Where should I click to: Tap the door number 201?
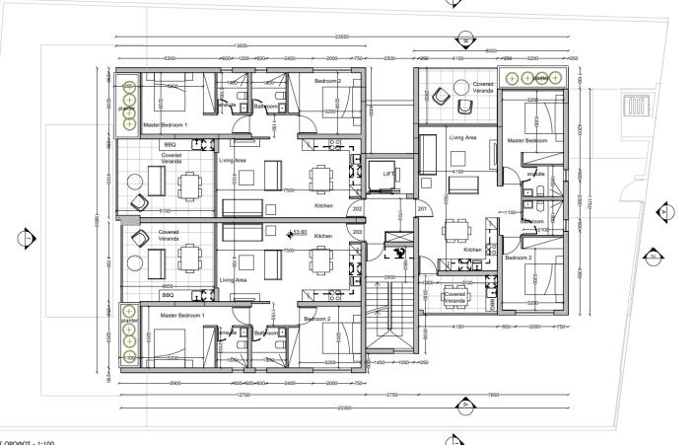[x=422, y=209]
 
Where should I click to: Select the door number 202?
[x=357, y=209]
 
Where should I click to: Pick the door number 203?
[x=357, y=234]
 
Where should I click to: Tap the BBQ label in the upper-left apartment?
[x=169, y=144]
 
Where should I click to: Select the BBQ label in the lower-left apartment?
[x=168, y=294]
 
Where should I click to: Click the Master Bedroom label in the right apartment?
[x=526, y=141]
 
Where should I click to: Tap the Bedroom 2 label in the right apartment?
[x=519, y=258]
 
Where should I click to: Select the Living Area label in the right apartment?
[x=462, y=138]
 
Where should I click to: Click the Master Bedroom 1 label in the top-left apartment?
[x=165, y=126]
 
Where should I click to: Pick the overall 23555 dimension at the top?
[x=342, y=36]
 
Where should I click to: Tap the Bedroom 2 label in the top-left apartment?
[x=327, y=81]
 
